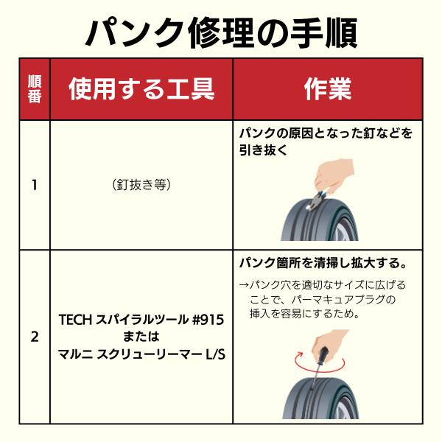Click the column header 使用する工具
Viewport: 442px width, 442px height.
pyautogui.click(x=141, y=89)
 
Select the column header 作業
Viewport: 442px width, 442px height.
pyautogui.click(x=328, y=89)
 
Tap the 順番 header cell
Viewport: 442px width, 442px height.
pyautogui.click(x=35, y=89)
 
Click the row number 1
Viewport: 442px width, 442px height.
pyautogui.click(x=35, y=185)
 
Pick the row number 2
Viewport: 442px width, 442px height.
pyautogui.click(x=35, y=337)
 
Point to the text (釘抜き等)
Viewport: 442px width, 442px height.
pyautogui.click(x=141, y=185)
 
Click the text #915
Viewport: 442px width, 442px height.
pyautogui.click(x=208, y=320)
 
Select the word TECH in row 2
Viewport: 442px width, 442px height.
pyautogui.click(x=76, y=320)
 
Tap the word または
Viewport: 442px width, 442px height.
pyautogui.click(x=141, y=337)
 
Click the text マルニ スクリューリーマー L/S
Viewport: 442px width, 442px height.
pyautogui.click(x=141, y=354)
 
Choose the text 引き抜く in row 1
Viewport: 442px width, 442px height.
pyautogui.click(x=263, y=150)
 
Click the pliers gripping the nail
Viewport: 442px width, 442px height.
pyautogui.click(x=315, y=202)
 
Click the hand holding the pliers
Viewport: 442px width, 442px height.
pyautogui.click(x=333, y=177)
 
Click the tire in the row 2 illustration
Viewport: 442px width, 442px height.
pyautogui.click(x=320, y=398)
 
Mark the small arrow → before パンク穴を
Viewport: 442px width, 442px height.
pyautogui.click(x=244, y=285)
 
